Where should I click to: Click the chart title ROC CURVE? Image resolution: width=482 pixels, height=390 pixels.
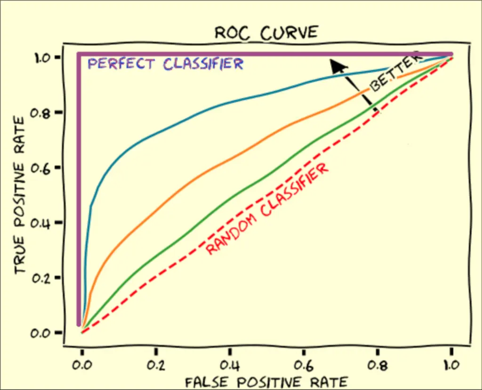266,33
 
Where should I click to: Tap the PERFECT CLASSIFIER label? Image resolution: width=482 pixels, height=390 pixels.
166,64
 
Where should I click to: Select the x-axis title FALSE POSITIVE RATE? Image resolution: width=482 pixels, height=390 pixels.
266,381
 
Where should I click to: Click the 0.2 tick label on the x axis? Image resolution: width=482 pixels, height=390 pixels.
156,365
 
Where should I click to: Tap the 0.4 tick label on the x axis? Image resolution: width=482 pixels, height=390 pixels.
230,365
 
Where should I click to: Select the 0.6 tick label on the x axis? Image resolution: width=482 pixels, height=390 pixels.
304,365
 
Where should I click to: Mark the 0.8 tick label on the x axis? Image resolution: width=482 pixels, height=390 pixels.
378,365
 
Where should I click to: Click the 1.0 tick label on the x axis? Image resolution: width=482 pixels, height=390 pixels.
451,365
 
